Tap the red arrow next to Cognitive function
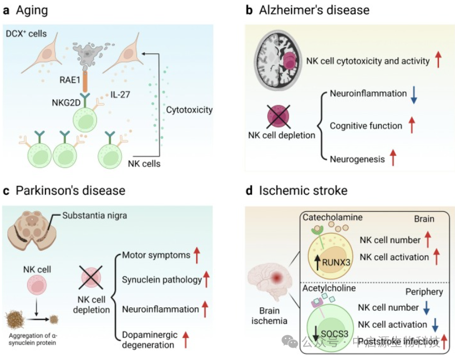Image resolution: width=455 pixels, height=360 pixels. (x=412, y=126)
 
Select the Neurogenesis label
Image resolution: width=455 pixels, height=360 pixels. (x=357, y=159)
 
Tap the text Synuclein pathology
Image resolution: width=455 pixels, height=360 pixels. (x=162, y=280)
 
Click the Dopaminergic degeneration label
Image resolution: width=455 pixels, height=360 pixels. (x=152, y=338)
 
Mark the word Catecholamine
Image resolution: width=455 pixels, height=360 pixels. (x=333, y=217)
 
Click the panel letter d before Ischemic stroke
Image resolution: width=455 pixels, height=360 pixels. (x=250, y=191)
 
